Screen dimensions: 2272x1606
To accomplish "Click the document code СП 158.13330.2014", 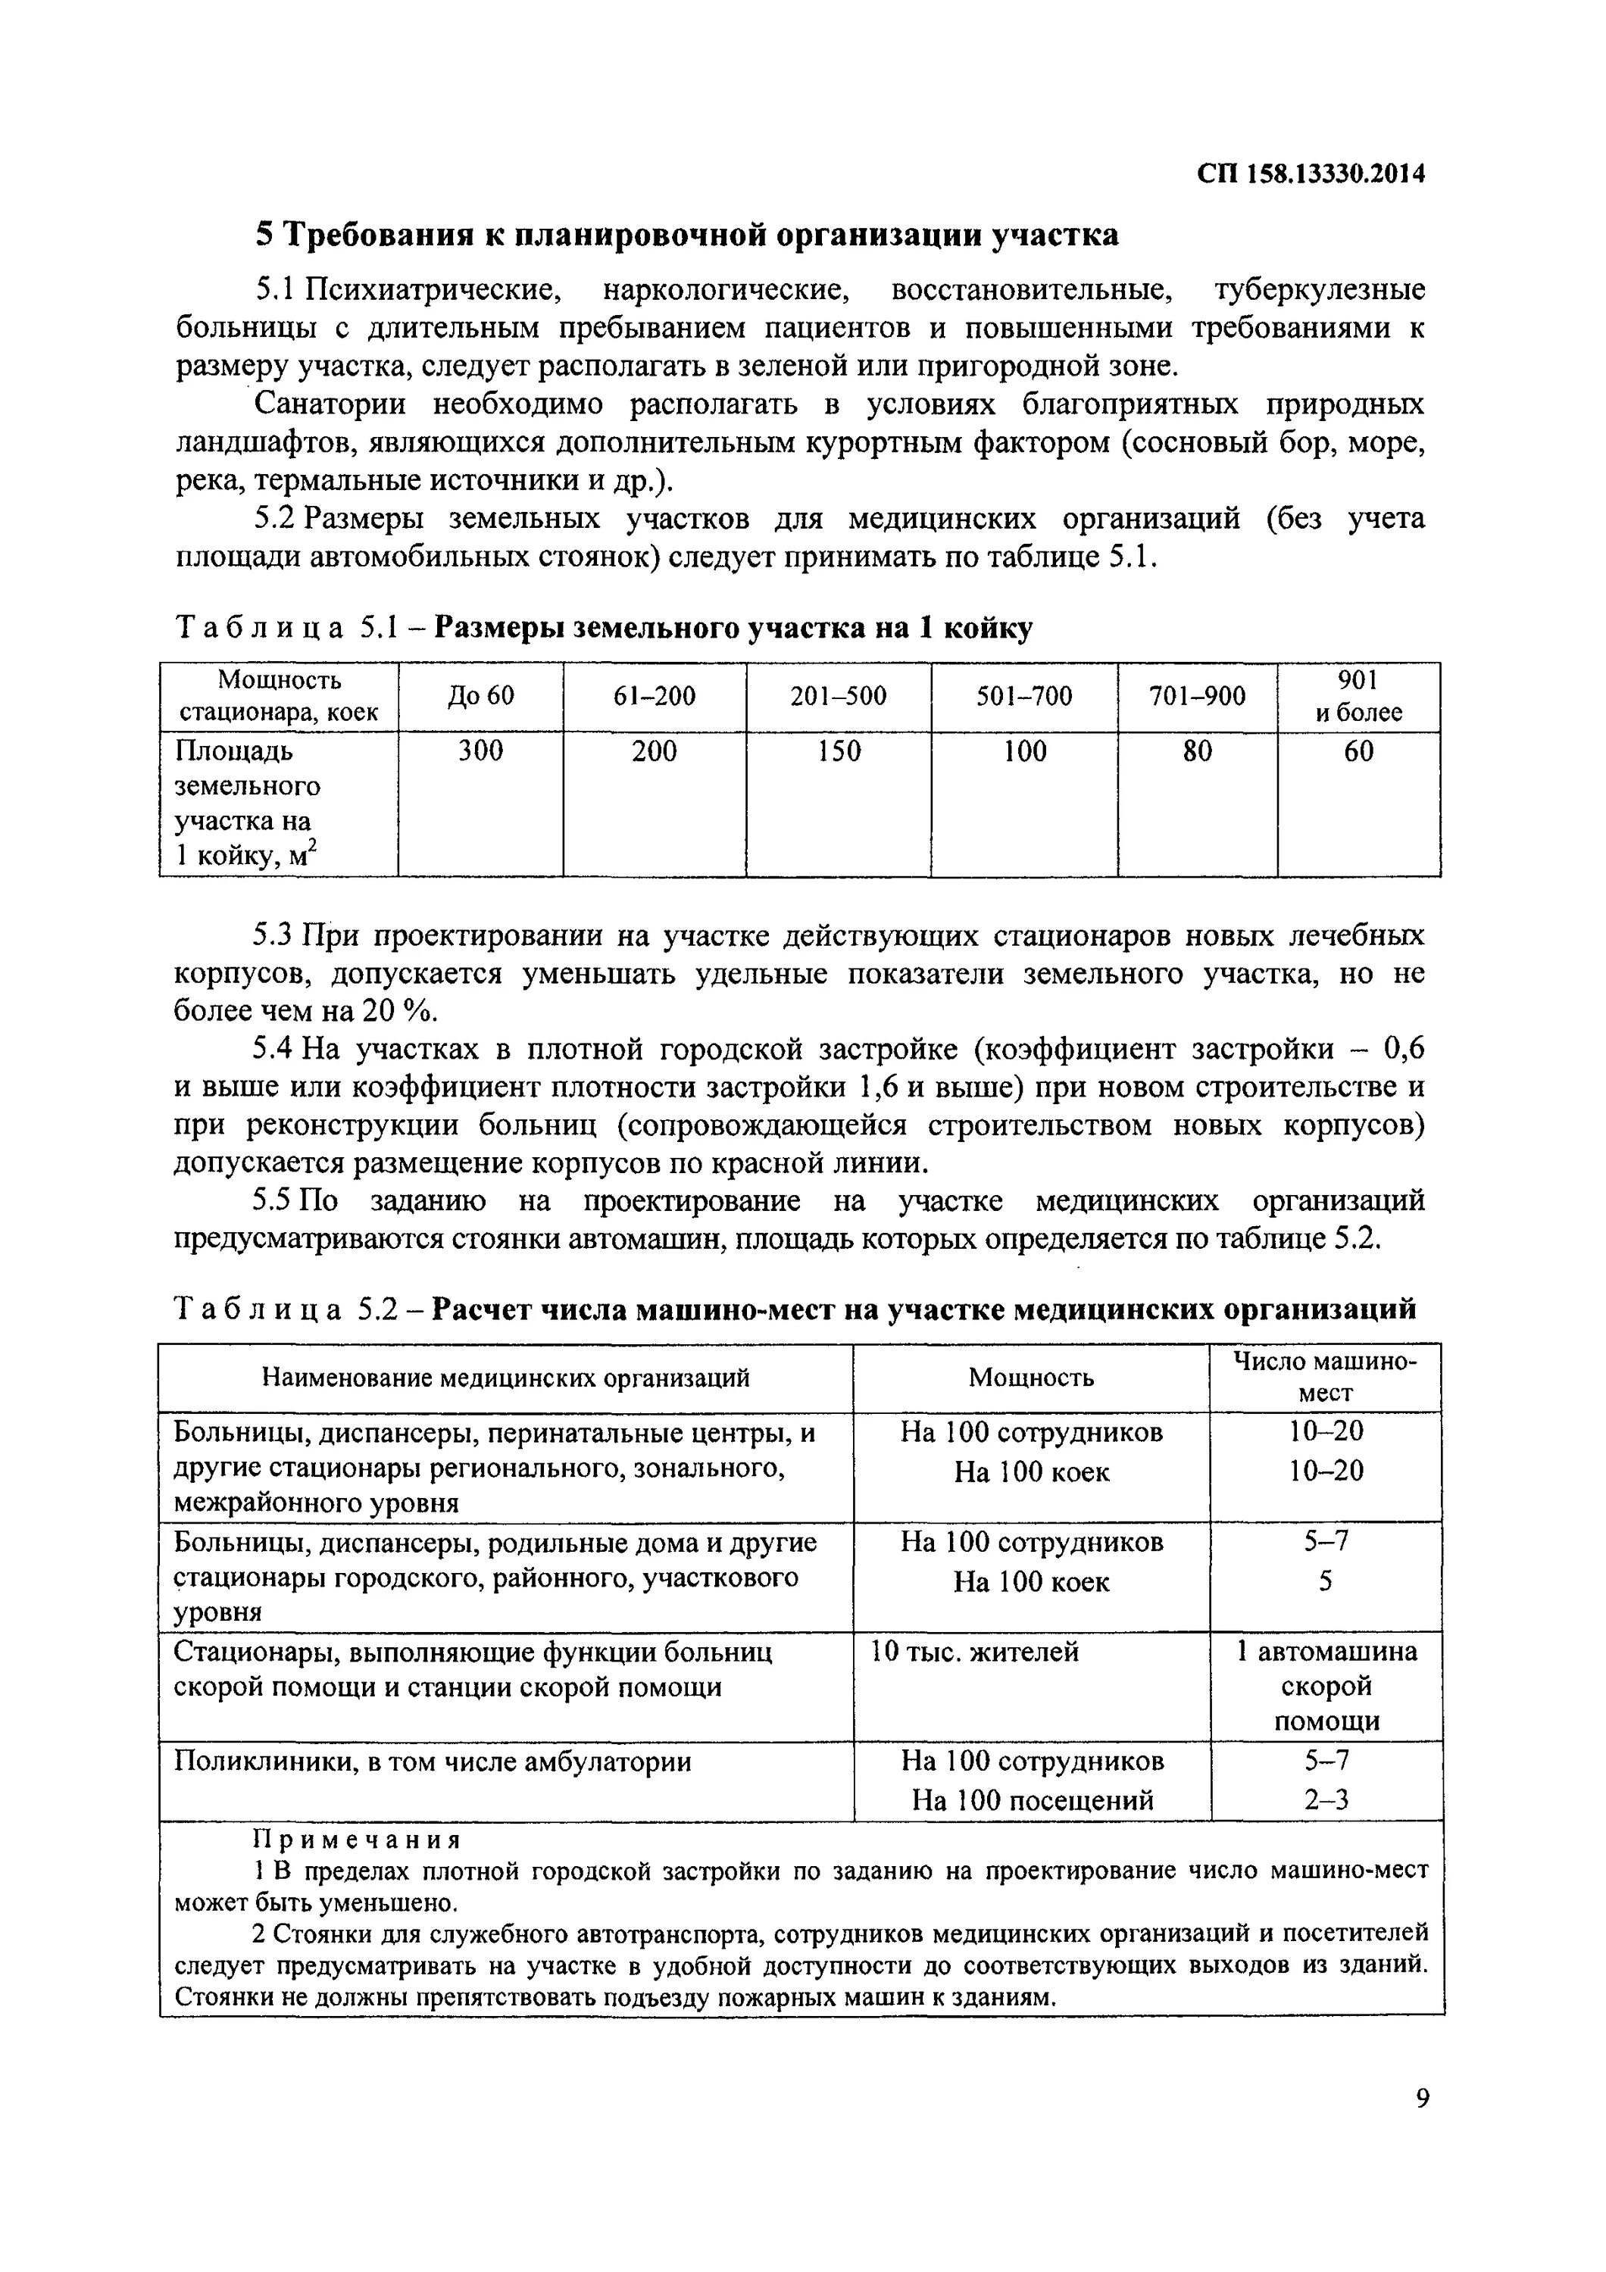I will [x=1311, y=174].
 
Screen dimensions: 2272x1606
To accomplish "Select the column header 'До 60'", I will [x=481, y=697].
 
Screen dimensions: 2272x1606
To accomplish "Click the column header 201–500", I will [x=838, y=697].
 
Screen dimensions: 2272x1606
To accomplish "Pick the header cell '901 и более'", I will [x=1358, y=696].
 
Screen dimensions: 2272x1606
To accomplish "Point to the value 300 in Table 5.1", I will [x=481, y=752].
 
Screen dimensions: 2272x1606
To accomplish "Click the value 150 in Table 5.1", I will [x=838, y=752].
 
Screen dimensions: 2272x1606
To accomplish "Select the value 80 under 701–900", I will [x=1198, y=752].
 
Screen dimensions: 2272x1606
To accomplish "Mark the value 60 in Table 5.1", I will [x=1358, y=752].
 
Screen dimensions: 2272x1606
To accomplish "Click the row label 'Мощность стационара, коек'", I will [x=279, y=696].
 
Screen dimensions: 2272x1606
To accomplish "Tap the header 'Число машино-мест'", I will [x=1325, y=1377].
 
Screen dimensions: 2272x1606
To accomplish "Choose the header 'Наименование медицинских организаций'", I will [x=505, y=1378].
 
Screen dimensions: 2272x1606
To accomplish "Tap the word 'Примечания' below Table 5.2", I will [x=358, y=1840].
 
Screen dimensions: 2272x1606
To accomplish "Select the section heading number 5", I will [x=263, y=236].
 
